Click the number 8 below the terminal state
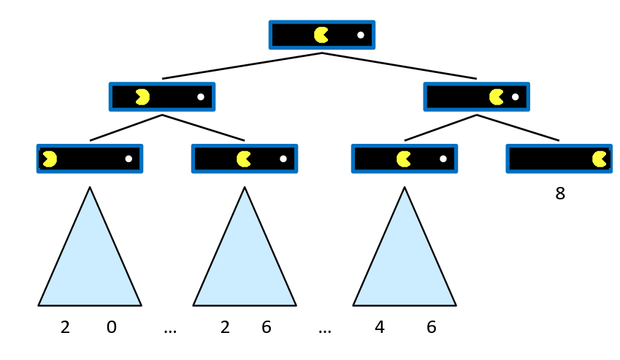click(560, 194)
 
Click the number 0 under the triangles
click(111, 328)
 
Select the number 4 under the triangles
click(380, 328)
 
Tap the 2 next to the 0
click(65, 328)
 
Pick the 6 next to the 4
click(432, 328)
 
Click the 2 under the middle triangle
click(225, 328)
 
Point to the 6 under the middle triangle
click(267, 328)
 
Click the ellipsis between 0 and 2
click(170, 330)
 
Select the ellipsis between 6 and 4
click(325, 330)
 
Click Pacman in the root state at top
click(321, 35)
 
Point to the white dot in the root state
click(361, 35)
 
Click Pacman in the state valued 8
click(600, 159)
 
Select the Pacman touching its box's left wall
click(50, 159)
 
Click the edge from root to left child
click(241, 66)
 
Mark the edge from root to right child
click(399, 66)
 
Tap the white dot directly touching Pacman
click(515, 97)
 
